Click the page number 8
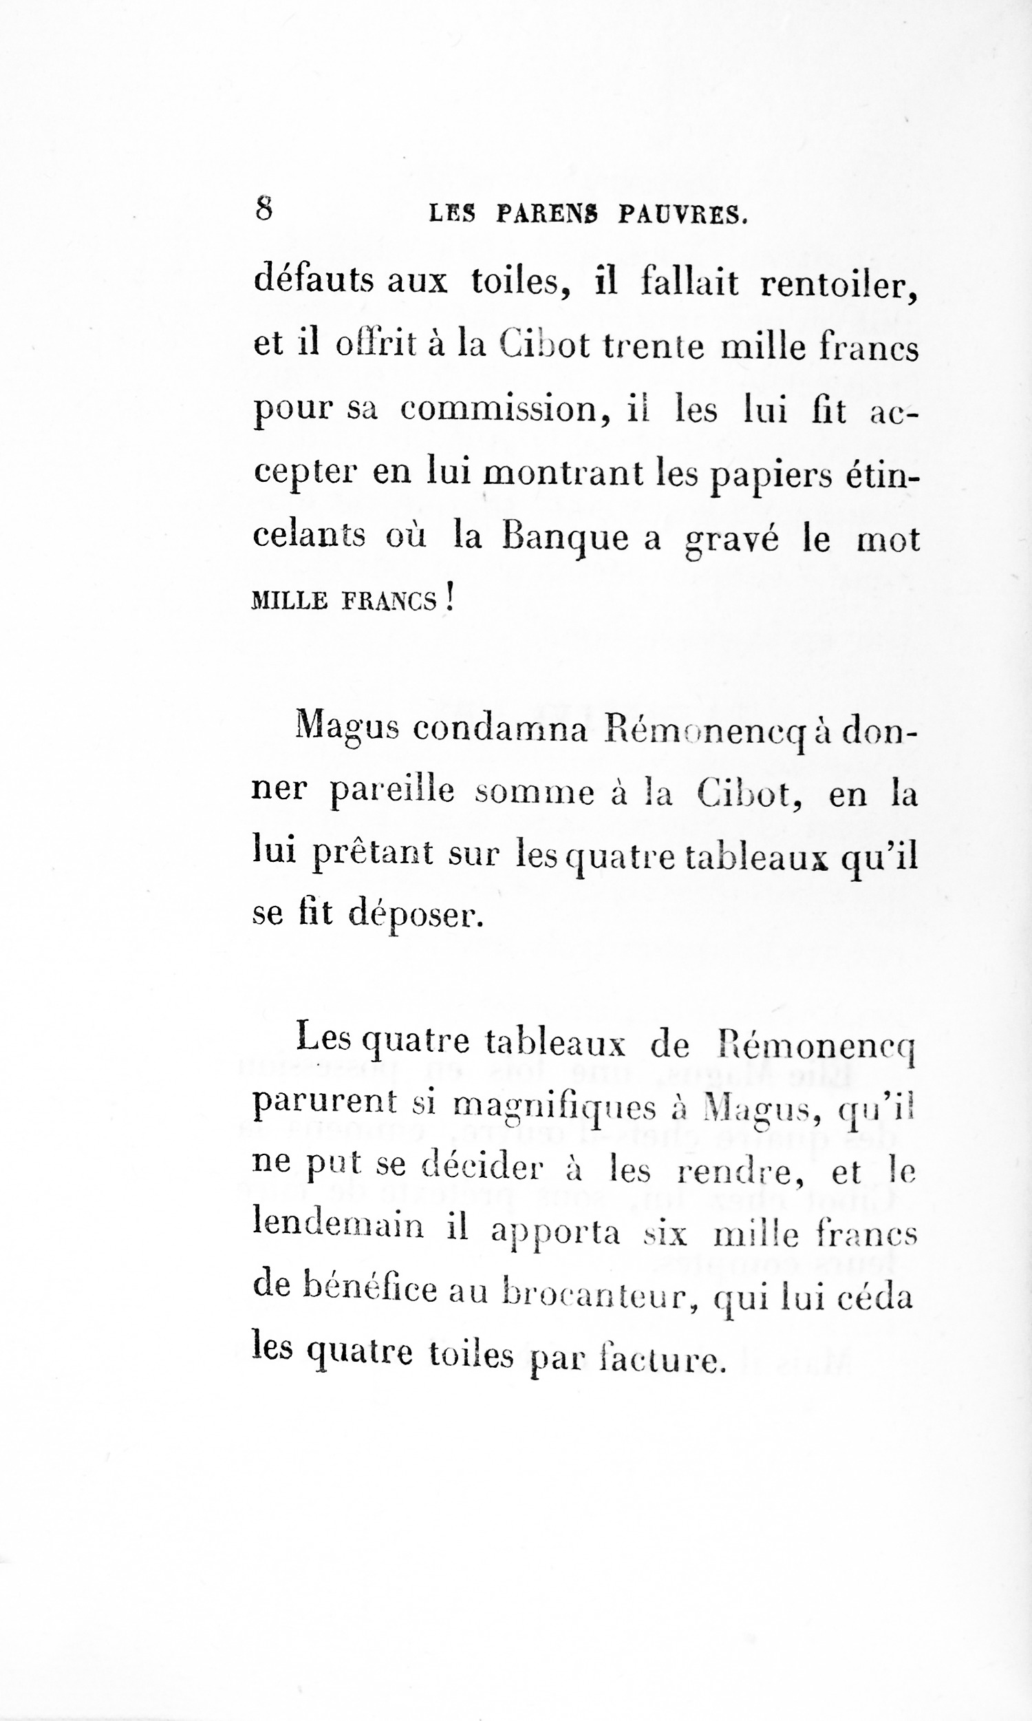[264, 208]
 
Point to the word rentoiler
[839, 284]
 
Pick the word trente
[654, 346]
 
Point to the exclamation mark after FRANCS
[449, 598]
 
